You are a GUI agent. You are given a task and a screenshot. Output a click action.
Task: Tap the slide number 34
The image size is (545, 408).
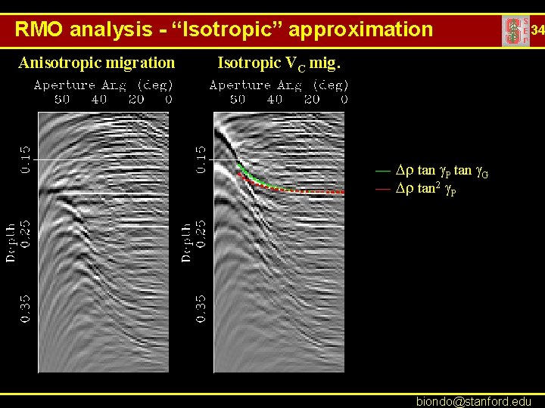[537, 31]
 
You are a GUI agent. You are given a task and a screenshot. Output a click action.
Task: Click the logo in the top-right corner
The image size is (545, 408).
[515, 31]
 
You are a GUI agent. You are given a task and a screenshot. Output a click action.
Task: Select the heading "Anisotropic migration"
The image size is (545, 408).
[96, 62]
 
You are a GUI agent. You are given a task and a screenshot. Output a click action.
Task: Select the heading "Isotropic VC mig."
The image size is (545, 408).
[279, 63]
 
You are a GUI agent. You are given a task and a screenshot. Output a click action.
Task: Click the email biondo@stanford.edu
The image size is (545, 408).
[474, 400]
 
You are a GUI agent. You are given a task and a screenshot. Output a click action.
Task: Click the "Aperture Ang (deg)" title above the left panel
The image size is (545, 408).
[104, 85]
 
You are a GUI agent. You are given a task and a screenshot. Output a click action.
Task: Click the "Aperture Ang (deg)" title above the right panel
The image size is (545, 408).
[279, 85]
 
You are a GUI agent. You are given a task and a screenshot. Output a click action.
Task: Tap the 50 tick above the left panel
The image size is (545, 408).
[62, 99]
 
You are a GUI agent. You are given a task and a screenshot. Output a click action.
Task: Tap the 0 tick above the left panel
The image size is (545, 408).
[168, 99]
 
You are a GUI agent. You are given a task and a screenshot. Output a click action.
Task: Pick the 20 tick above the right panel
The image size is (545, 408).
[311, 99]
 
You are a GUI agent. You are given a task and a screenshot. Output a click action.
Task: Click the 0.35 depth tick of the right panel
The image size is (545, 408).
[201, 308]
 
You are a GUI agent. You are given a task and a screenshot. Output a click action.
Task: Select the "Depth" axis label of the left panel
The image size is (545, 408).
[11, 242]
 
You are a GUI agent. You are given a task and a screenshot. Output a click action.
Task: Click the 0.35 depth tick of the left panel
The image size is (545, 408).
[26, 308]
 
